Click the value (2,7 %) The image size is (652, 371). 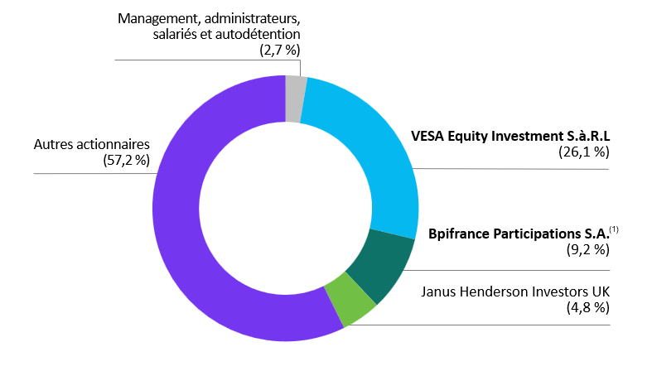(279, 51)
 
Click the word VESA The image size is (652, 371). (428, 135)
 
